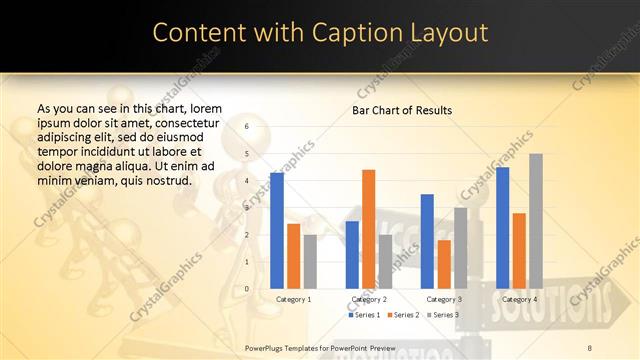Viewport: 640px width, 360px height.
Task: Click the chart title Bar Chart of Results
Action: pyautogui.click(x=402, y=110)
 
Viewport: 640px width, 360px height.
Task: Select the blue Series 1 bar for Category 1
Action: pyautogui.click(x=277, y=230)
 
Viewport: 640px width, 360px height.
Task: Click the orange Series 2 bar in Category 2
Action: pyautogui.click(x=368, y=229)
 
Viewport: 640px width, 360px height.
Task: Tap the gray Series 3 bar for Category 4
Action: pyautogui.click(x=536, y=221)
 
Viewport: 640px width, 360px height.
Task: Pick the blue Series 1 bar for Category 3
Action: pyautogui.click(x=427, y=241)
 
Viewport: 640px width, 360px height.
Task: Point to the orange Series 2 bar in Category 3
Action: pyautogui.click(x=444, y=264)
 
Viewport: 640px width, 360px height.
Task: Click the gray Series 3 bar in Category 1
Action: pyautogui.click(x=310, y=262)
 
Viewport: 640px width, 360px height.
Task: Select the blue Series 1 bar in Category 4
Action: pyautogui.click(x=502, y=228)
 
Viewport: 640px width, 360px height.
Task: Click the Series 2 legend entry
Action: pyautogui.click(x=403, y=315)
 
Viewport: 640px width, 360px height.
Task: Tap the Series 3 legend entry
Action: pyautogui.click(x=442, y=315)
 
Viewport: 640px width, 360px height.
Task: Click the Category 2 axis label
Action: pyautogui.click(x=369, y=299)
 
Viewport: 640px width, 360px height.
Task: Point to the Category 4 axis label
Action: pyautogui.click(x=519, y=299)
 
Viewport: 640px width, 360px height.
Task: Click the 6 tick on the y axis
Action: pyautogui.click(x=247, y=127)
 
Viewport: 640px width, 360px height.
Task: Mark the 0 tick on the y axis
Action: pyautogui.click(x=247, y=289)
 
